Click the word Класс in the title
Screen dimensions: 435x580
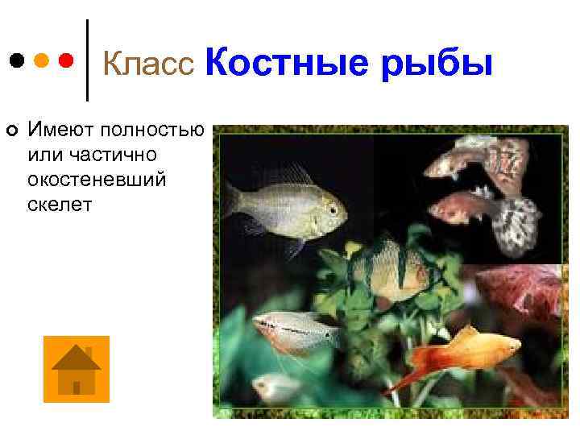[150, 63]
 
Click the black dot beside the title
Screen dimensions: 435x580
[16, 60]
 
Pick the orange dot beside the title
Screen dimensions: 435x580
[41, 60]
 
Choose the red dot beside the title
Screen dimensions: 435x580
[67, 60]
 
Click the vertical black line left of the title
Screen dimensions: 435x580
[87, 60]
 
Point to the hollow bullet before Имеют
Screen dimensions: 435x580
[11, 130]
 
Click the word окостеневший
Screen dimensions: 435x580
[97, 179]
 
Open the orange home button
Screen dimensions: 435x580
[76, 369]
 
